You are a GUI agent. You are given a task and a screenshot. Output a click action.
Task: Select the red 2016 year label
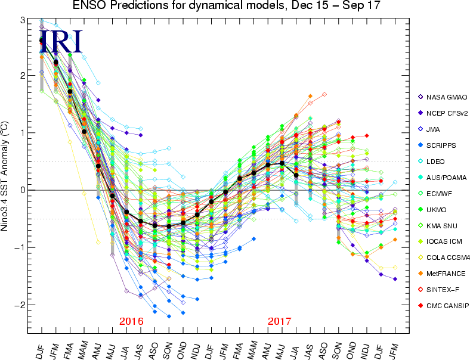pyautogui.click(x=131, y=321)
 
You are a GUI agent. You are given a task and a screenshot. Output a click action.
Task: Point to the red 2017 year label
pyautogui.click(x=279, y=321)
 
